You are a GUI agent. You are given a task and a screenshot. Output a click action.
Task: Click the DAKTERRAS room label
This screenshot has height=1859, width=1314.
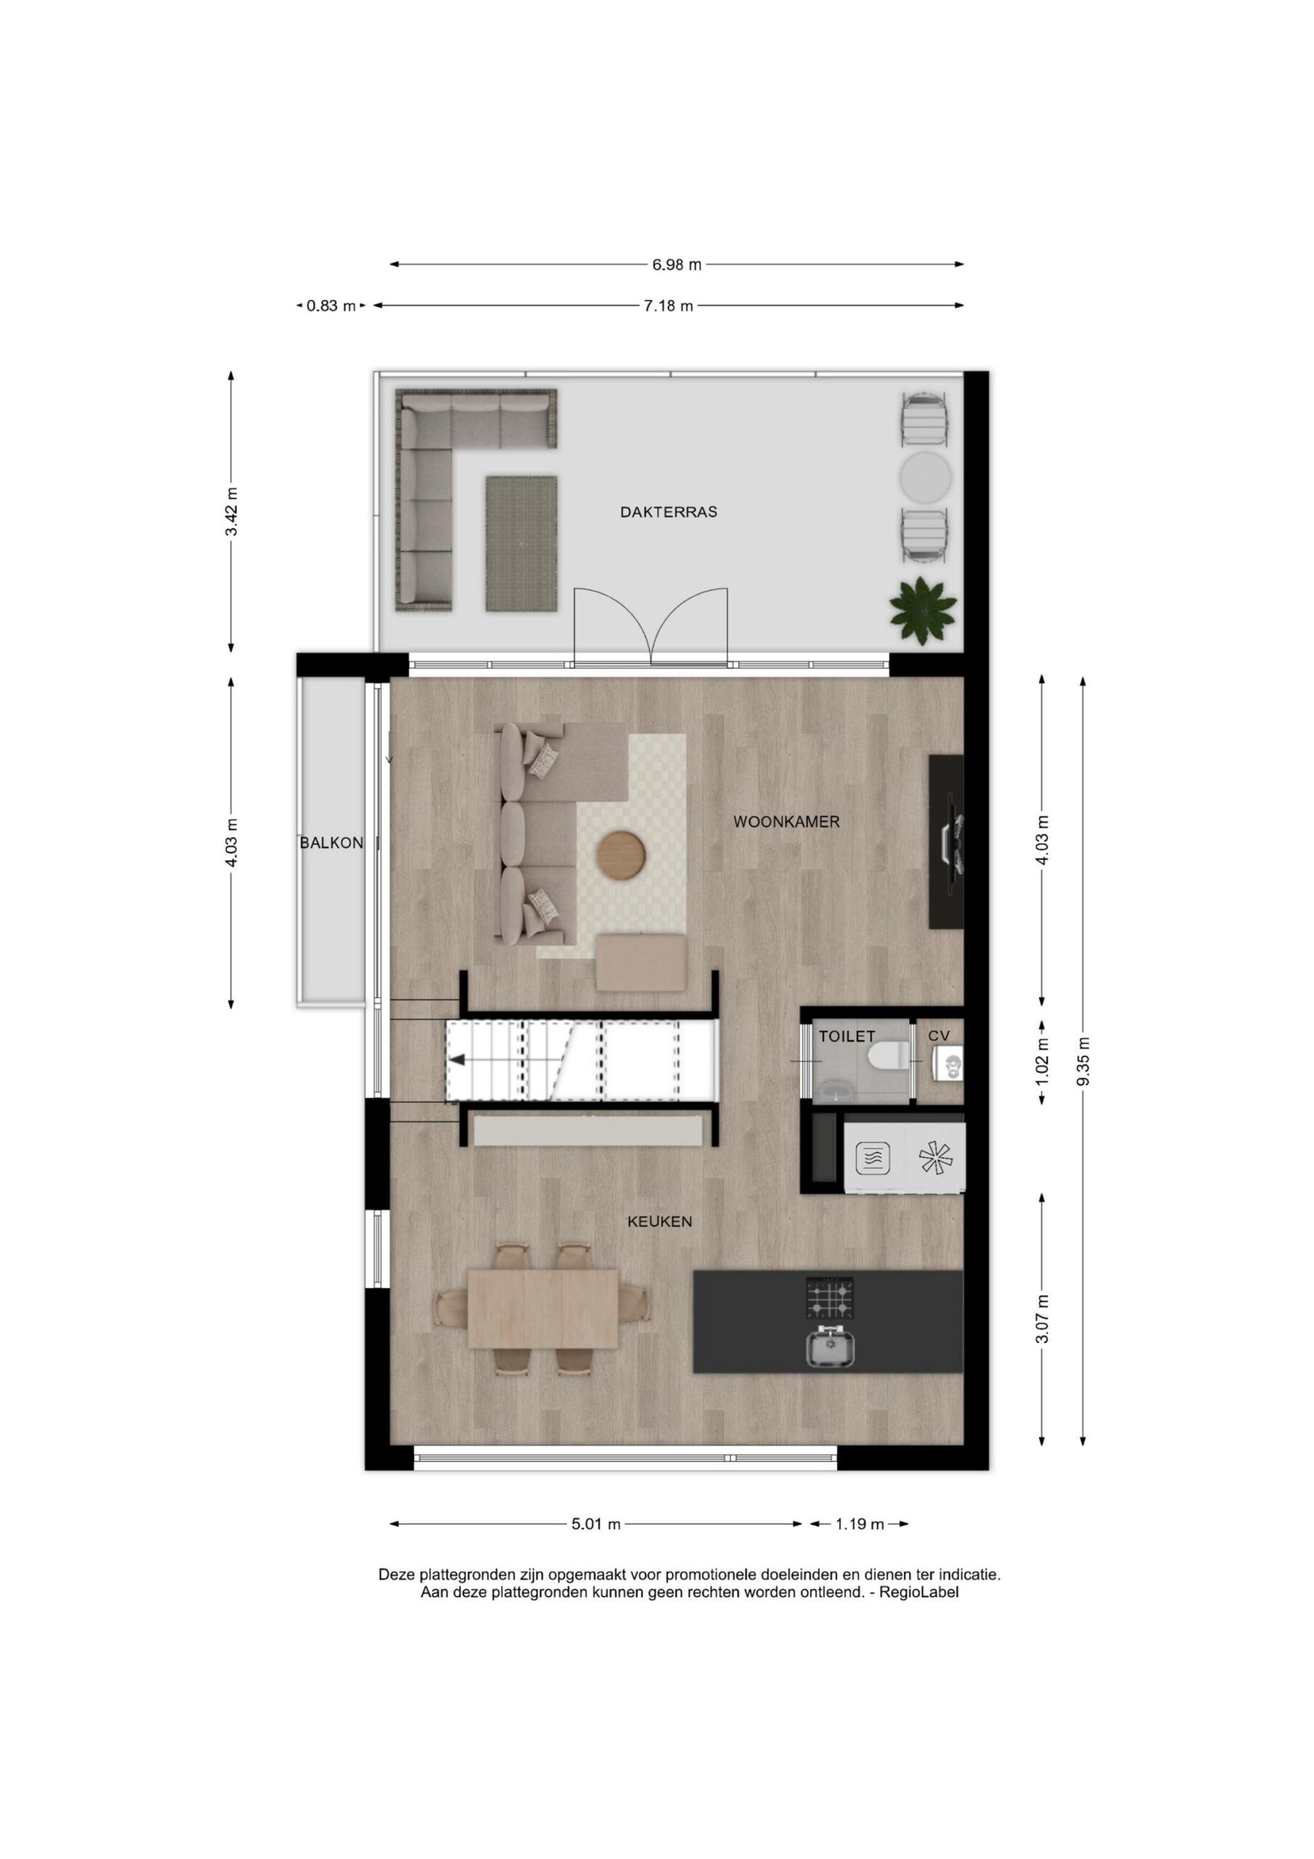coord(668,512)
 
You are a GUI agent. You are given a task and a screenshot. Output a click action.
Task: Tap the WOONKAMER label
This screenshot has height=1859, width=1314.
coord(786,822)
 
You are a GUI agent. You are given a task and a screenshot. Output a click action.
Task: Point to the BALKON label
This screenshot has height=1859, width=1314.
coord(331,843)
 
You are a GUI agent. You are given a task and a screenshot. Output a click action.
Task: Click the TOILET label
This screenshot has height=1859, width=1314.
coord(847,1036)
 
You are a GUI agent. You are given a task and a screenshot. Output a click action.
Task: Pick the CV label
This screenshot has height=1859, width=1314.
coord(939,1036)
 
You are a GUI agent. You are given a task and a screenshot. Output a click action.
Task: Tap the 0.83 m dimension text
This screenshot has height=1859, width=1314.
coord(330,306)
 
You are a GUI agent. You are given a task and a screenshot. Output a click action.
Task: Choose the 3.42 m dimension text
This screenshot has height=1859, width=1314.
coord(232,512)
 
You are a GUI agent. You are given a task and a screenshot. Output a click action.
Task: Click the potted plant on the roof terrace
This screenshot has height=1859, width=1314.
coord(922,610)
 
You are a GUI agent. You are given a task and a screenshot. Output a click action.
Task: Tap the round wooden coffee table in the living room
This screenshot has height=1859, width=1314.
coord(621,853)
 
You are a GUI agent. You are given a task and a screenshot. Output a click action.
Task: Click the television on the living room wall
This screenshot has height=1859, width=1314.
coord(954,843)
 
